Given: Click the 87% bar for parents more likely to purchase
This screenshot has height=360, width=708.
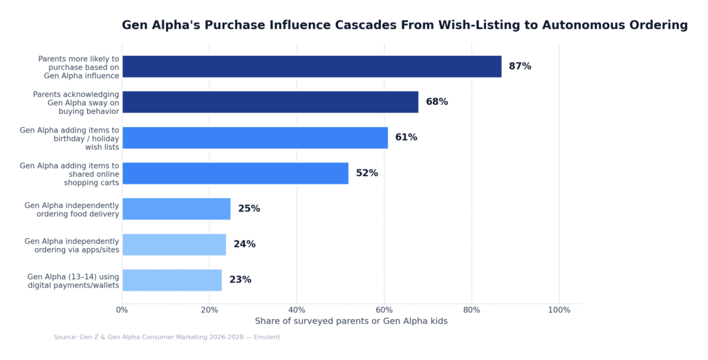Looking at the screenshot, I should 311,66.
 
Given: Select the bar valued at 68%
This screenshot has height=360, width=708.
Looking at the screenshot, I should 270,102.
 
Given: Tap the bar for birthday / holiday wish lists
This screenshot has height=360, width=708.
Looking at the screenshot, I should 254,138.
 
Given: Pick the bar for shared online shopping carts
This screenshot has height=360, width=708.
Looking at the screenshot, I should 235,173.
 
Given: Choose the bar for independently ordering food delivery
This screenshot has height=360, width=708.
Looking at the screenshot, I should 176,209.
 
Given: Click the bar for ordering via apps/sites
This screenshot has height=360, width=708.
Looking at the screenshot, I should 174,245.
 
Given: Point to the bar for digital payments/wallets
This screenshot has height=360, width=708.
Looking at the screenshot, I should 172,280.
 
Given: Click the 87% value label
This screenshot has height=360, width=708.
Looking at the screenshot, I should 520,66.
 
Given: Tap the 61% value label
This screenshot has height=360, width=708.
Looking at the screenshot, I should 406,138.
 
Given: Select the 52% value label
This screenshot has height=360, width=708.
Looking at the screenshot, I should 366,173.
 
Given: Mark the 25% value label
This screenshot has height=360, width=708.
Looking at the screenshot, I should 249,209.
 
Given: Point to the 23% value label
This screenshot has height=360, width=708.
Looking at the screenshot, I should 240,280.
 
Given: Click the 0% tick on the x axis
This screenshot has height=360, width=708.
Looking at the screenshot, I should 122,310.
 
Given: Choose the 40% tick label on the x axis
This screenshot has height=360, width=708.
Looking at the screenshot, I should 297,310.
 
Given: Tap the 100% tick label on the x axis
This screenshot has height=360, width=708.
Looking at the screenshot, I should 559,310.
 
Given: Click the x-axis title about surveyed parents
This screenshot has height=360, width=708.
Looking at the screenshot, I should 351,321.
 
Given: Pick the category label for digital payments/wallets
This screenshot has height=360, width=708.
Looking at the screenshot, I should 73,281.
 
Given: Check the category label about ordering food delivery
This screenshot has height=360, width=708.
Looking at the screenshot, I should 72,209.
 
